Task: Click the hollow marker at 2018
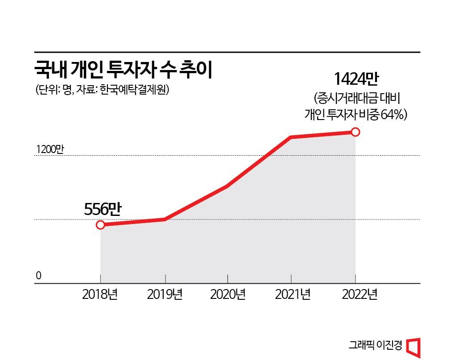click(100, 224)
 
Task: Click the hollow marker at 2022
click(355, 132)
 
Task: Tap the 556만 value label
click(103, 209)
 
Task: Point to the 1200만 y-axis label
click(50, 149)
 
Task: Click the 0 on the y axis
click(39, 276)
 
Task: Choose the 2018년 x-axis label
click(100, 295)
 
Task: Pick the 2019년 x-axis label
click(165, 295)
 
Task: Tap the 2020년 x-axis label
click(228, 295)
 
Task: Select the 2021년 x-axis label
click(291, 295)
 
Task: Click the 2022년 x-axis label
click(356, 295)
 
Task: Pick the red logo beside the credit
click(414, 347)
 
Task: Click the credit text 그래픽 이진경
click(376, 346)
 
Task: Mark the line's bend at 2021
click(291, 137)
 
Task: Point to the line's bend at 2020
click(227, 186)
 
